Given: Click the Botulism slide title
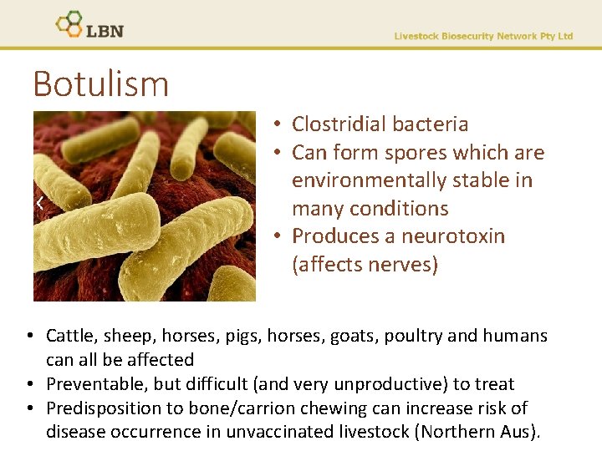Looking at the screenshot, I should point(100,84).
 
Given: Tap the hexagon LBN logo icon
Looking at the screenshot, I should point(69,24).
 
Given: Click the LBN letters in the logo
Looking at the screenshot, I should point(105,30).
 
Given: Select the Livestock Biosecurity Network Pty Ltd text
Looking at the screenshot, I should point(483,36).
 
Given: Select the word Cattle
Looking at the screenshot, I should point(69,336).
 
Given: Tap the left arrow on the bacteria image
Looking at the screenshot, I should point(40,203).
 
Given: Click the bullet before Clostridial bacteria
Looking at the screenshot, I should point(276,125).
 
